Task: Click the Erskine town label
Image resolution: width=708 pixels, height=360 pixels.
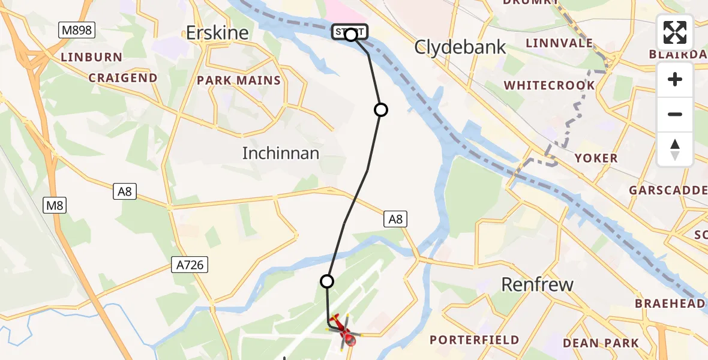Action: pos(217,33)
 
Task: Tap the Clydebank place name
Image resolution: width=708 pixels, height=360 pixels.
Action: pos(461,47)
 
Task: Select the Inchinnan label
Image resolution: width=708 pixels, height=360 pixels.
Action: pos(280,154)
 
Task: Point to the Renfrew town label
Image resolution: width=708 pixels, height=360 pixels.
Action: pos(537,284)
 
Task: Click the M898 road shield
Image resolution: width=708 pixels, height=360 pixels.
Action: pos(76,30)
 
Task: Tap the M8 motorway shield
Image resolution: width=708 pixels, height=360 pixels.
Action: pos(55,206)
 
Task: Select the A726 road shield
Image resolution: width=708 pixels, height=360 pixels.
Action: pos(189,265)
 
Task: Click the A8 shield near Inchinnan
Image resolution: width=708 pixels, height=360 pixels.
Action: pos(125,191)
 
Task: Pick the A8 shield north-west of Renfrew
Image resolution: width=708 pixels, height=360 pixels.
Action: pos(395,220)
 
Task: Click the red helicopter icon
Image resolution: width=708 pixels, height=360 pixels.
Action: pos(343,329)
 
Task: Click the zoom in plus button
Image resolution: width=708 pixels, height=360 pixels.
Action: pos(675,79)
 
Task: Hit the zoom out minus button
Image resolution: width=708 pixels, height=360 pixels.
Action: pos(675,114)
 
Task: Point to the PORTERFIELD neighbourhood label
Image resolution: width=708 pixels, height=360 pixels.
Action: pos(475,340)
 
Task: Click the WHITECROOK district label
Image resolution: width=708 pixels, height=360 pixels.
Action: pos(550,86)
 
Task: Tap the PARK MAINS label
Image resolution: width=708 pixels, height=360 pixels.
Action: pos(239,80)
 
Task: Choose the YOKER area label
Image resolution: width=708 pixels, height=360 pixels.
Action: pos(596,158)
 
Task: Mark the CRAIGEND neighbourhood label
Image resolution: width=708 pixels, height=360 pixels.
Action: pos(123,78)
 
